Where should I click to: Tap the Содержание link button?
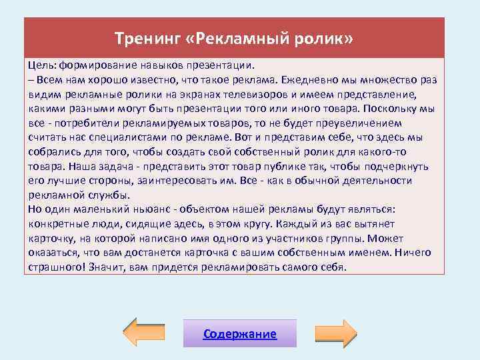[240, 334]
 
